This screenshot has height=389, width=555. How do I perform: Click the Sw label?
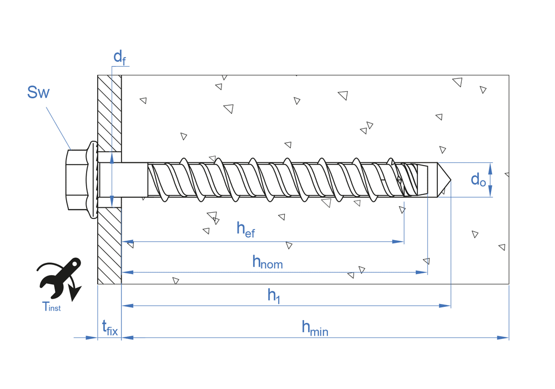[38, 93]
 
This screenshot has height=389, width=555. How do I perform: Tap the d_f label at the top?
[119, 57]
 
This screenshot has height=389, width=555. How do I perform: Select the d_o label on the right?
[478, 179]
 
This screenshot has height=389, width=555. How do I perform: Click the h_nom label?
[267, 261]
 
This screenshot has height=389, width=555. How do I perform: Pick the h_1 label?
[274, 295]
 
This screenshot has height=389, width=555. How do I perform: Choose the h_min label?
[314, 328]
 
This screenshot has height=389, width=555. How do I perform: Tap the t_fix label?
[109, 328]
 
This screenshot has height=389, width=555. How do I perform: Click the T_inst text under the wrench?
[51, 306]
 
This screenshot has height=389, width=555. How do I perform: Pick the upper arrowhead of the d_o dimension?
[491, 166]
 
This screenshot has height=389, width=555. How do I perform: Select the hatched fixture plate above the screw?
[109, 111]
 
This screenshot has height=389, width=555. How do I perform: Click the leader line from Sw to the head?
[58, 124]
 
